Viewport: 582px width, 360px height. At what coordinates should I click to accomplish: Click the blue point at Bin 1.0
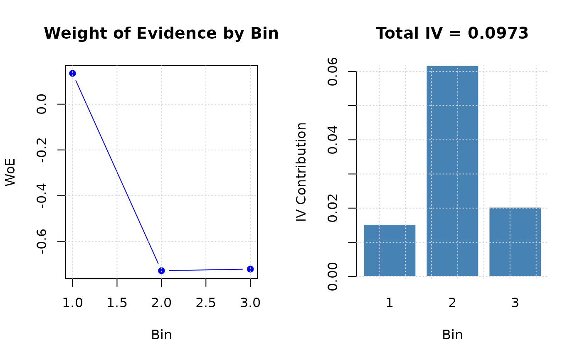(73, 74)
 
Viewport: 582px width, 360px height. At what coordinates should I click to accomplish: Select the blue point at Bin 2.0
(161, 271)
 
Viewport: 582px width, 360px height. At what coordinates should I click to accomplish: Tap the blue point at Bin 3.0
(250, 269)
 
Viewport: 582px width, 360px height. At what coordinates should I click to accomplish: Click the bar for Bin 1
(390, 250)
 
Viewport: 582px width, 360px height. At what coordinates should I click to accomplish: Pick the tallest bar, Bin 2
(452, 170)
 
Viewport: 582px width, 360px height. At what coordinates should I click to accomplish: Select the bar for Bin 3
(515, 242)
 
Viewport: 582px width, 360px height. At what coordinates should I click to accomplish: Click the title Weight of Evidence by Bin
(161, 33)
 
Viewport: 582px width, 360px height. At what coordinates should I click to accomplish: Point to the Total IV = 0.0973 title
(452, 33)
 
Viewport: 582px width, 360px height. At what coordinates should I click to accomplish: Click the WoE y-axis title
(10, 172)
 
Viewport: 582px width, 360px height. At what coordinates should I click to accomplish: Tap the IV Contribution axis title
(301, 172)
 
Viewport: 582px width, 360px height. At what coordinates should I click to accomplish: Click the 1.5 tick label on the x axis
(117, 303)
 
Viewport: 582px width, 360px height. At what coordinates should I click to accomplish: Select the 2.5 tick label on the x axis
(206, 303)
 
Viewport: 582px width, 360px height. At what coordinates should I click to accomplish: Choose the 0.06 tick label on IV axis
(333, 72)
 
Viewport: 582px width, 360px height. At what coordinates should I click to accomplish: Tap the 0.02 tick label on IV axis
(333, 208)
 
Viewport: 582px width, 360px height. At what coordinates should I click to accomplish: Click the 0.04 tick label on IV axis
(333, 140)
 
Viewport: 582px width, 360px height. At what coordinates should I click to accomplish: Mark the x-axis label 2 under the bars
(452, 303)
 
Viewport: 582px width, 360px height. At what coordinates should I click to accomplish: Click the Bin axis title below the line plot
(161, 335)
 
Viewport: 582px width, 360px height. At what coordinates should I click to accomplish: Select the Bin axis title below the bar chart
(452, 335)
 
